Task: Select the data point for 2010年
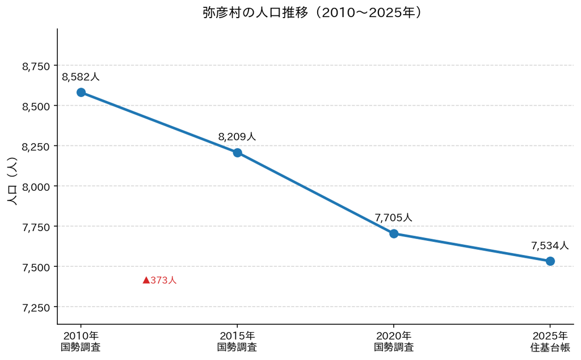[x=81, y=93]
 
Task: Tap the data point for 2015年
[x=238, y=153]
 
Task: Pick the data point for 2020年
[x=394, y=233]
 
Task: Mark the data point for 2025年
[x=550, y=261]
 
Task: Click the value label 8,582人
[x=81, y=77]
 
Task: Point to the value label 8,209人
[x=237, y=137]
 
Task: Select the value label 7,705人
[x=394, y=217]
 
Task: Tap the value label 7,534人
[x=550, y=245]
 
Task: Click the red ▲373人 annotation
[x=159, y=281]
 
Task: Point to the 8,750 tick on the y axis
[x=36, y=66]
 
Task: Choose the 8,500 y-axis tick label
[x=36, y=107]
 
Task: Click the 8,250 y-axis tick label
[x=36, y=147]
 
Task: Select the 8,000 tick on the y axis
[x=36, y=187]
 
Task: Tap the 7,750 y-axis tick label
[x=36, y=227]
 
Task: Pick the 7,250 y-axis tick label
[x=36, y=308]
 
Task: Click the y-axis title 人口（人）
[x=12, y=181]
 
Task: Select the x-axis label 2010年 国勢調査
[x=81, y=341]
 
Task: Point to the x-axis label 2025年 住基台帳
[x=550, y=341]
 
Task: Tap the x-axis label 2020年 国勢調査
[x=394, y=341]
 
